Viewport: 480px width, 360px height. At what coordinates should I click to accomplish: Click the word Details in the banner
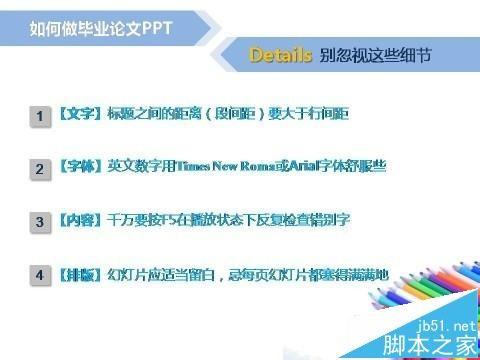coord(281,56)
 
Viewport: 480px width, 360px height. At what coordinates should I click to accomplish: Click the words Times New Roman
coord(217,167)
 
